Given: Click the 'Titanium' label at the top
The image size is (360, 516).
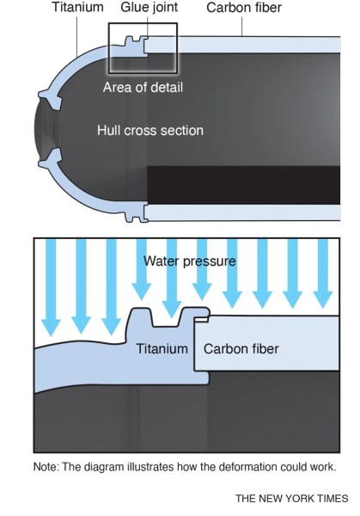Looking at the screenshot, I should coord(77,8).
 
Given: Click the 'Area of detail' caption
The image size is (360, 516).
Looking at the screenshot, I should coord(143,87).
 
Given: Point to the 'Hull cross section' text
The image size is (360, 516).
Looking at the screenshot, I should coord(149,131).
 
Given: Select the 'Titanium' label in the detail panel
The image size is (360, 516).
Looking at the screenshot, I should coord(162,349).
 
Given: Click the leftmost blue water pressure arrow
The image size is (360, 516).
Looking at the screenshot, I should coord(51,288).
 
